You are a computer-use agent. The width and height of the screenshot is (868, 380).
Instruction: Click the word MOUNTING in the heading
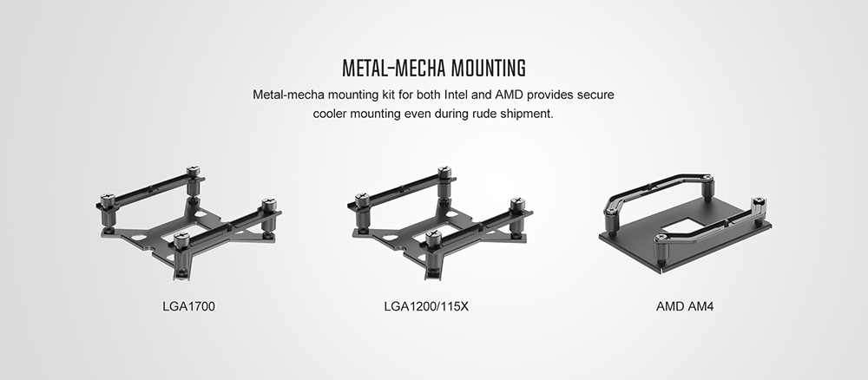(488, 68)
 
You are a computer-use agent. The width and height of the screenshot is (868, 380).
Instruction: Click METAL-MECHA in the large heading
(393, 68)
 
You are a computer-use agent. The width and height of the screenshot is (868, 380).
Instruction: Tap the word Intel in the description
(457, 95)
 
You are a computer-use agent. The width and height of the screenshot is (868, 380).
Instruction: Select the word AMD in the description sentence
(509, 95)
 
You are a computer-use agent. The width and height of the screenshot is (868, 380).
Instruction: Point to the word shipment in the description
(527, 115)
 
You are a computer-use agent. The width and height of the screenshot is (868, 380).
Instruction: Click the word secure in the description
(595, 95)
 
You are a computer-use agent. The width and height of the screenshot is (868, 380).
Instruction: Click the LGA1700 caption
(188, 306)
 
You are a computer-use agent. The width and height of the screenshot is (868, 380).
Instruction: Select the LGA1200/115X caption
(426, 306)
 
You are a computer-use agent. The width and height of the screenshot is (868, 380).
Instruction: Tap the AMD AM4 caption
(685, 306)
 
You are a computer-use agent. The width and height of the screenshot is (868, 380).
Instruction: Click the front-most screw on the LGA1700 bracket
(181, 239)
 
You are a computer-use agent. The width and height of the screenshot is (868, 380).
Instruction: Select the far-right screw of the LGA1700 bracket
(268, 205)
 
